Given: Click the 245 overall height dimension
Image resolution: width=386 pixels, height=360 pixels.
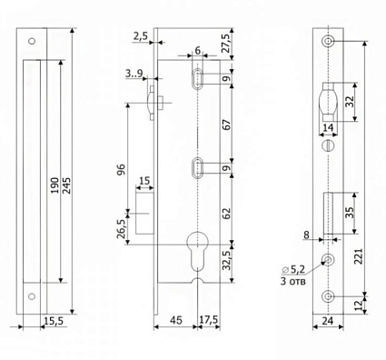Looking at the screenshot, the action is (x=66, y=185).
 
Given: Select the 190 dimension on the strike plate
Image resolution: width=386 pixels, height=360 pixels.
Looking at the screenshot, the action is (x=54, y=185).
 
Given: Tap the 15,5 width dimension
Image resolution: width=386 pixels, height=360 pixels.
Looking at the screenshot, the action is (x=54, y=321).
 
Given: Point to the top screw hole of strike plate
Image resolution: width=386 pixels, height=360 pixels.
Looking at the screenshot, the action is (x=32, y=41).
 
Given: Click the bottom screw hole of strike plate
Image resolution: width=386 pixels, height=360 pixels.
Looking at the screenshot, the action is (x=32, y=296).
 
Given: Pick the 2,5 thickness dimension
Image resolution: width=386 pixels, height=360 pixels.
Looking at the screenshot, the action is (x=141, y=36).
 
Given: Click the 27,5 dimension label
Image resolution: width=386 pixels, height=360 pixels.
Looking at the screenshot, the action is (x=226, y=44).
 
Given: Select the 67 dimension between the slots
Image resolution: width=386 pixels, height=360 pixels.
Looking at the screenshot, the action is (x=226, y=125).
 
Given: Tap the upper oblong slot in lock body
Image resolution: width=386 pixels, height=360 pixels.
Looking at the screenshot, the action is (x=197, y=79).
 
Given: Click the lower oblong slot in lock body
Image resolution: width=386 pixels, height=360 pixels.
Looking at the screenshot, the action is (x=197, y=167).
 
